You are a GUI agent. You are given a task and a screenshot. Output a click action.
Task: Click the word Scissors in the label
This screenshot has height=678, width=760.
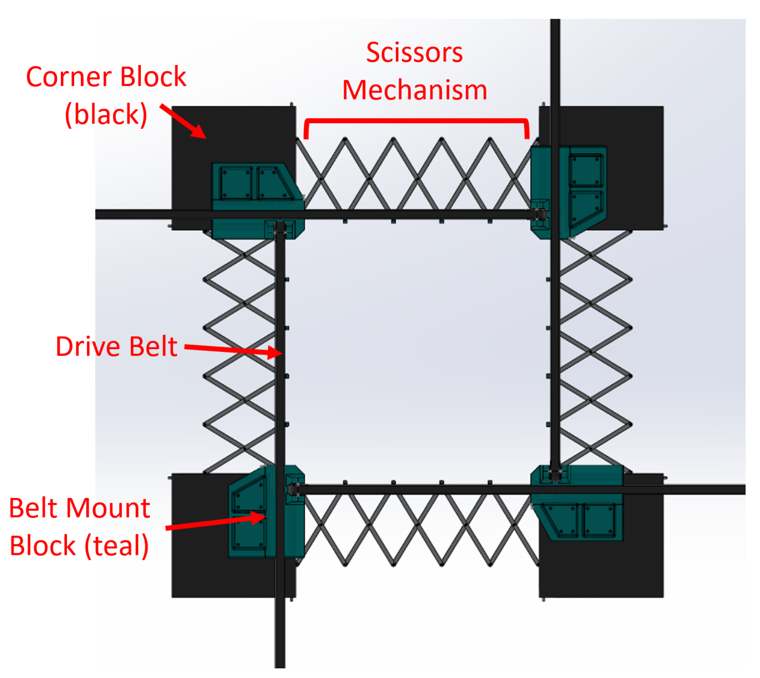(x=414, y=53)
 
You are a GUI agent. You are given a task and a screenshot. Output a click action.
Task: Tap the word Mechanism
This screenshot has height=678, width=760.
(x=415, y=90)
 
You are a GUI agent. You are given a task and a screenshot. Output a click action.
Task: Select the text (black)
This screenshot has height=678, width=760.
(x=106, y=115)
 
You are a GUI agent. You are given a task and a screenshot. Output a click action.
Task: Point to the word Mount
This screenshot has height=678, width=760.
(x=108, y=508)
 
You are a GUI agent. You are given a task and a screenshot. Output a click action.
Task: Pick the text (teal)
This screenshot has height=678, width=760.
(x=116, y=546)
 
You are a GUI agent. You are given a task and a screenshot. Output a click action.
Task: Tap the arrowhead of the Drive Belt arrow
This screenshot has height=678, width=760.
(x=275, y=352)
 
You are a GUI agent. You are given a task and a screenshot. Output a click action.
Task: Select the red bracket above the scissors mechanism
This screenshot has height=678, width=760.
(x=416, y=120)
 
